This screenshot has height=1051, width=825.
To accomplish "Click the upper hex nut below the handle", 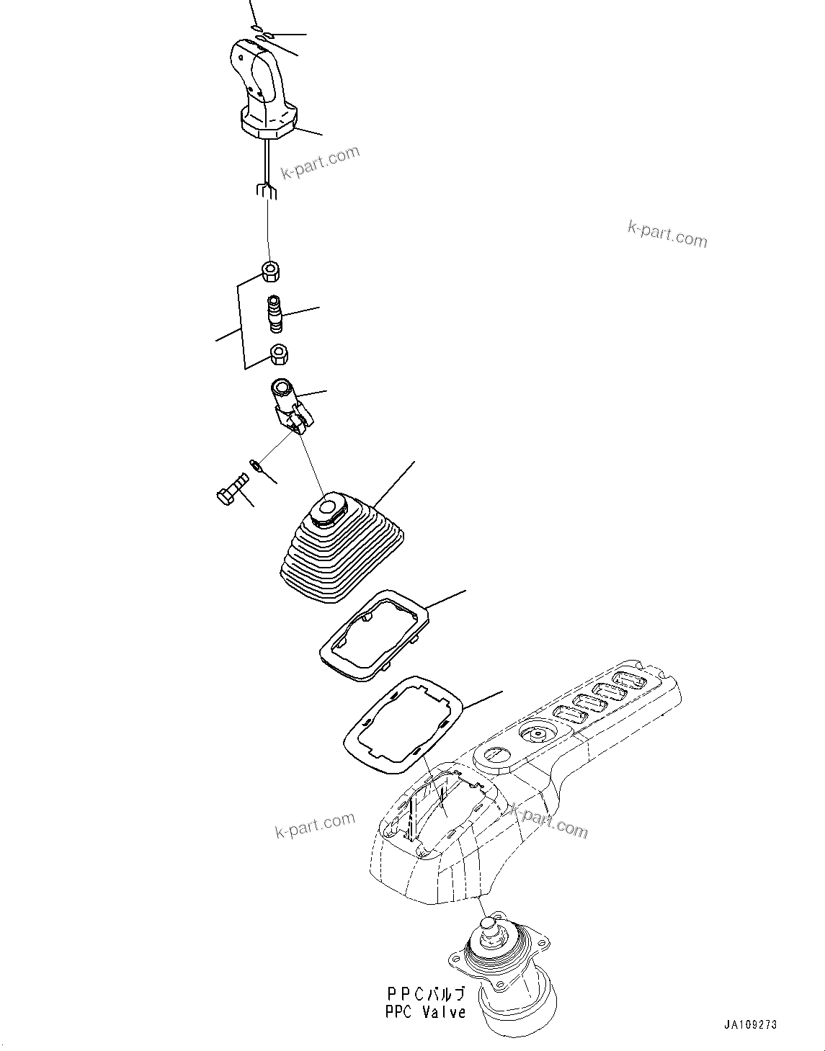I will pyautogui.click(x=271, y=272).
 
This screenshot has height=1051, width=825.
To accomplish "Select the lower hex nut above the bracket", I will pyautogui.click(x=279, y=354).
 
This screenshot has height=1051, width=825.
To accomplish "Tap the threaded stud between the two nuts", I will pyautogui.click(x=275, y=314).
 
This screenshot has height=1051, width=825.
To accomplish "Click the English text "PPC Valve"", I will pyautogui.click(x=425, y=1012).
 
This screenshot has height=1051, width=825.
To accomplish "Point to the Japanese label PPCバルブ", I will pyautogui.click(x=425, y=994).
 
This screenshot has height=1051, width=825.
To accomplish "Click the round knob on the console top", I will pyautogui.click(x=536, y=735).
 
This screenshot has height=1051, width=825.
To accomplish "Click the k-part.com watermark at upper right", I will pyautogui.click(x=667, y=233).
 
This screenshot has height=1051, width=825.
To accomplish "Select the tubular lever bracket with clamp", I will pyautogui.click(x=290, y=407).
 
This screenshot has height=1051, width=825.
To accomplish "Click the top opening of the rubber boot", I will pyautogui.click(x=329, y=509).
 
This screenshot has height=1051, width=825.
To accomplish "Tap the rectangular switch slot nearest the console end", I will pyautogui.click(x=630, y=679).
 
